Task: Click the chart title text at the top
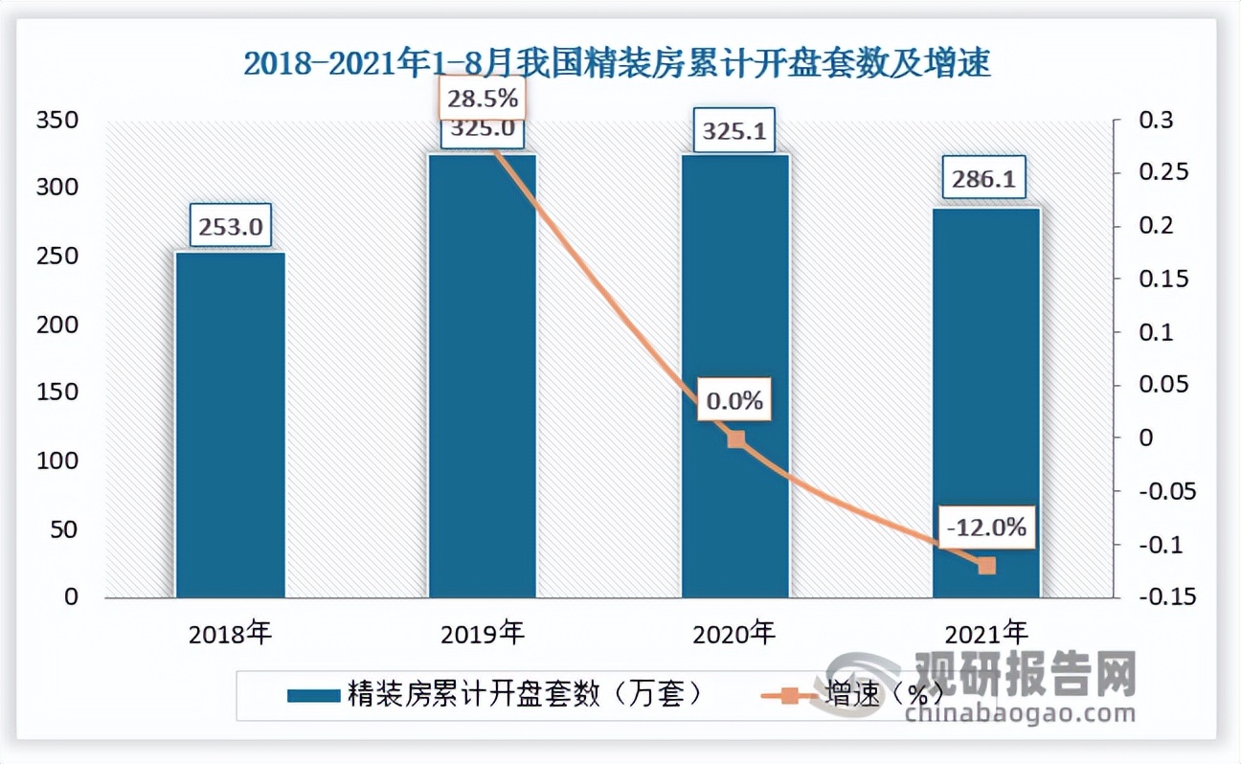pyautogui.click(x=617, y=64)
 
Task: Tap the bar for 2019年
pyautogui.click(x=482, y=383)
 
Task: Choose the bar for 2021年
pyautogui.click(x=986, y=402)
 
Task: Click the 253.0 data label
pyautogui.click(x=230, y=228)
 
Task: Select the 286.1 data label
pyautogui.click(x=985, y=179)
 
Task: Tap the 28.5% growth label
pyautogui.click(x=483, y=98)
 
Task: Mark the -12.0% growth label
pyautogui.click(x=986, y=526)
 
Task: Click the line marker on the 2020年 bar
pyautogui.click(x=734, y=439)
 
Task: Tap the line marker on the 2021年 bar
pyautogui.click(x=986, y=566)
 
